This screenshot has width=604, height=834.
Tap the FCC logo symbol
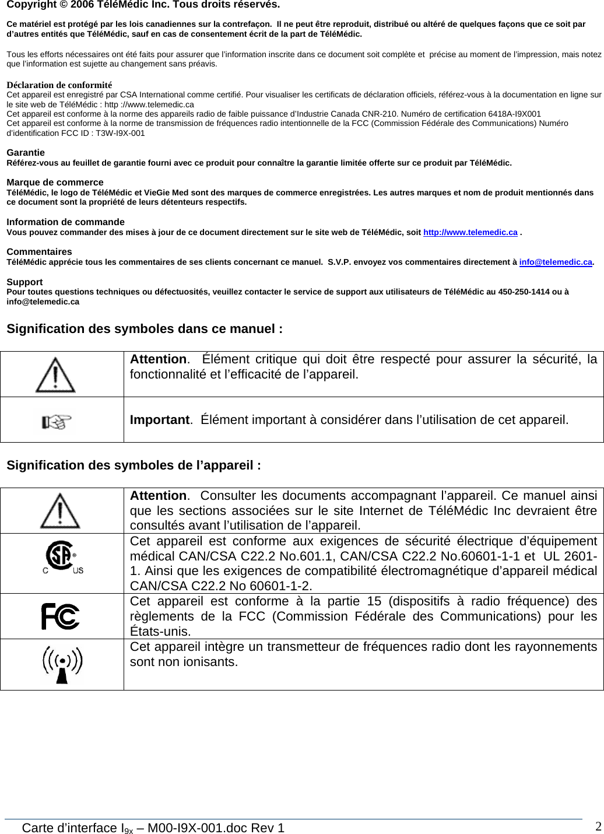tap(61, 616)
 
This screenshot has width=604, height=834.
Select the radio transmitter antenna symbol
tap(62, 665)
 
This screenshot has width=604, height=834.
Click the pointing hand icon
tap(57, 421)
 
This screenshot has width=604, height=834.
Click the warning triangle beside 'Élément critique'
tap(55, 374)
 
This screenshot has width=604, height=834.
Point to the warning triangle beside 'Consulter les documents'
tap(60, 510)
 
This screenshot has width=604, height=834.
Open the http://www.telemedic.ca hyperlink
tap(470, 232)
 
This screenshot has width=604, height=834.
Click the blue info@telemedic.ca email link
tap(556, 262)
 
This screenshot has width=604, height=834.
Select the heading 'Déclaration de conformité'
tap(59, 85)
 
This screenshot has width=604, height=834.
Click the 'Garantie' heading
tap(26, 153)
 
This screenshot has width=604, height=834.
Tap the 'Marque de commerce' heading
tap(55, 183)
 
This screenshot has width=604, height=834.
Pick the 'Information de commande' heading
tap(65, 222)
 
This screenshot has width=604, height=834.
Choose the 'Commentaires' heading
tap(39, 252)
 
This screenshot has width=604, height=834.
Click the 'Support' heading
tap(24, 282)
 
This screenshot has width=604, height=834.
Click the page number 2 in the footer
tap(598, 826)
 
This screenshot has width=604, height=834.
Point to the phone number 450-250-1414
tap(522, 292)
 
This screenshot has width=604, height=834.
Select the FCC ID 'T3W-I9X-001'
tap(120, 133)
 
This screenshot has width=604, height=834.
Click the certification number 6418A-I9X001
tap(514, 114)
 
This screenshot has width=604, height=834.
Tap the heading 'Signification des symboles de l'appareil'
tap(134, 465)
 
